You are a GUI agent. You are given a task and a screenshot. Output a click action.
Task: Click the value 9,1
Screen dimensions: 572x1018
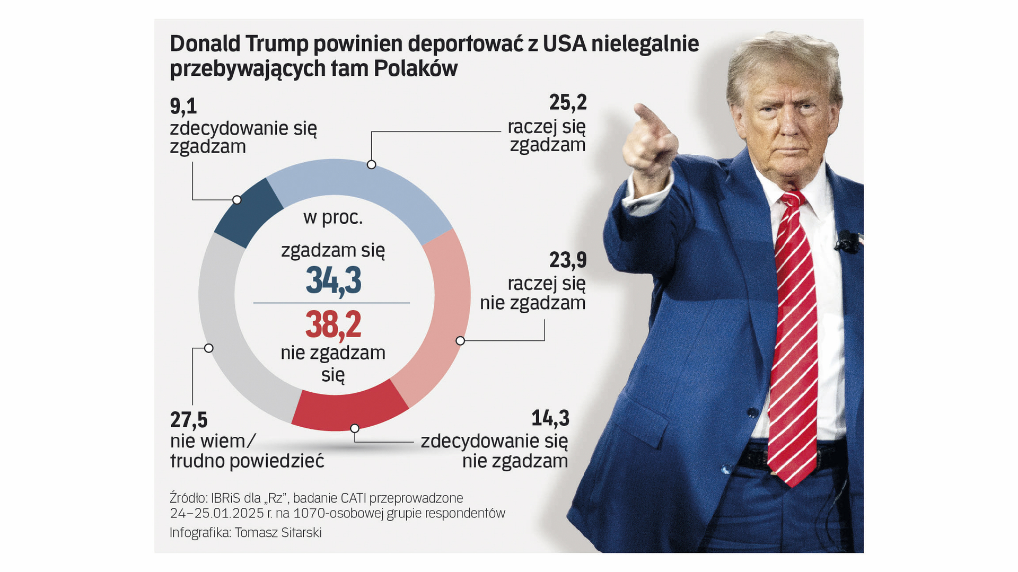[183, 107]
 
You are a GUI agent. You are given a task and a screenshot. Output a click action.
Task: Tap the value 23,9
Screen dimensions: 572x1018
[568, 260]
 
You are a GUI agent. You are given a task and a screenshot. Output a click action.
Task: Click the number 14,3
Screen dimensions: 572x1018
[550, 418]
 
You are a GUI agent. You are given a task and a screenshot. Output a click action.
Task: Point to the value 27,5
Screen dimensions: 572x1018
[189, 420]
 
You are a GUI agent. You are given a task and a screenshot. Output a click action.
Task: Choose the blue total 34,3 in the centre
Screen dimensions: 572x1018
[333, 280]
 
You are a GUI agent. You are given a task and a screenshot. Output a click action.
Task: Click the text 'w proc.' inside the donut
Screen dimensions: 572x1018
[333, 217]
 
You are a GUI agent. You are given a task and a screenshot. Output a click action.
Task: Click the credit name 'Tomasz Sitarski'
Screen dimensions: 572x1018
[278, 532]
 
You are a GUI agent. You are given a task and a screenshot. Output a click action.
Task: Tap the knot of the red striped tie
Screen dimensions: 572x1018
[792, 199]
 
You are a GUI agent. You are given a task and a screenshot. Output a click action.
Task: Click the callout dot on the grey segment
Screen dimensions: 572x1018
[209, 348]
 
